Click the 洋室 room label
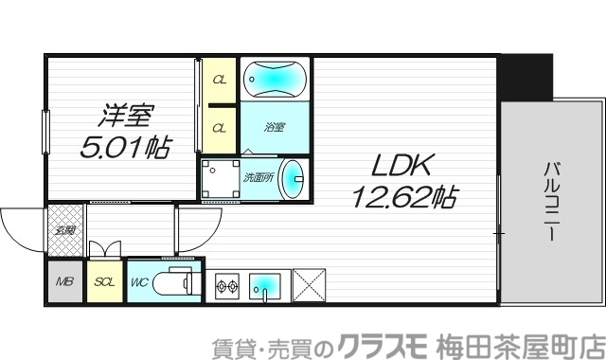(x=126, y=118)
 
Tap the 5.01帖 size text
(x=124, y=147)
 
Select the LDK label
(x=401, y=167)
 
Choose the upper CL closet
(x=219, y=80)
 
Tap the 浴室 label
(x=274, y=126)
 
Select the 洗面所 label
(x=258, y=176)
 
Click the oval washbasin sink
(x=294, y=177)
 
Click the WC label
(x=138, y=282)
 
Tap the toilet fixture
(x=176, y=281)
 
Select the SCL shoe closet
(x=103, y=282)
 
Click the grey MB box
(x=65, y=282)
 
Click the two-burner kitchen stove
(x=227, y=284)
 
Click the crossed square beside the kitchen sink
(x=308, y=284)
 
